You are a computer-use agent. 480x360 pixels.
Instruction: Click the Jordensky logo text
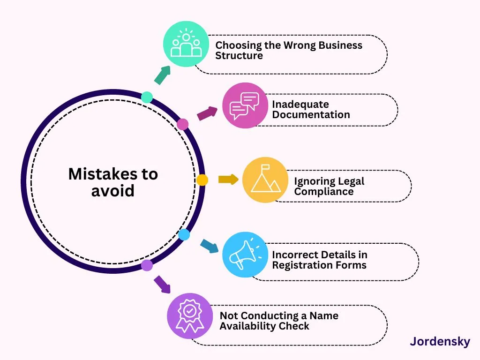(x=440, y=342)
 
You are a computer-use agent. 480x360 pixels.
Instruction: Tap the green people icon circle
(x=186, y=44)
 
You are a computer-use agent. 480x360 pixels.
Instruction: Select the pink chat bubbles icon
(x=245, y=105)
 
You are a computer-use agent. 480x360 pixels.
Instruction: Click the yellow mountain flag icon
(x=265, y=180)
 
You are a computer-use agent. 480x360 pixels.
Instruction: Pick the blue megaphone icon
(x=245, y=255)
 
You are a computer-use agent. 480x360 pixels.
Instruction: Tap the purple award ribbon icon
(x=190, y=316)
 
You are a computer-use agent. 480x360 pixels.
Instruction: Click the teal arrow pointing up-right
(x=162, y=75)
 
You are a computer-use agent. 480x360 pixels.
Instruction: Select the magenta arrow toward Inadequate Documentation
(x=207, y=113)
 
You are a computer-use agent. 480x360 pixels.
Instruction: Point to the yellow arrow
(x=228, y=180)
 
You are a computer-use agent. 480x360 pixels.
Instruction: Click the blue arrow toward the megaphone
(x=210, y=246)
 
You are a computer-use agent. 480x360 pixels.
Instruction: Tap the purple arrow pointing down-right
(x=162, y=285)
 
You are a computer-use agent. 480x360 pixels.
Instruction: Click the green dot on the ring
(x=147, y=97)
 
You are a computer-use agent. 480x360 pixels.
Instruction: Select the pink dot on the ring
(x=183, y=124)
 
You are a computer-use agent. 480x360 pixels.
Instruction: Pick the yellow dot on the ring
(x=202, y=180)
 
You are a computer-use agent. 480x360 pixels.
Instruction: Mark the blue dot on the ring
(x=184, y=235)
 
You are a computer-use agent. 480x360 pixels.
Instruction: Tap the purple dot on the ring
(x=147, y=265)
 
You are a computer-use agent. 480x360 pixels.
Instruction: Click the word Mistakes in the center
(x=103, y=174)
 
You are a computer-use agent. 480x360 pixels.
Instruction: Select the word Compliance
(x=324, y=192)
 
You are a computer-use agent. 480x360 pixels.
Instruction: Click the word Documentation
(x=311, y=114)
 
